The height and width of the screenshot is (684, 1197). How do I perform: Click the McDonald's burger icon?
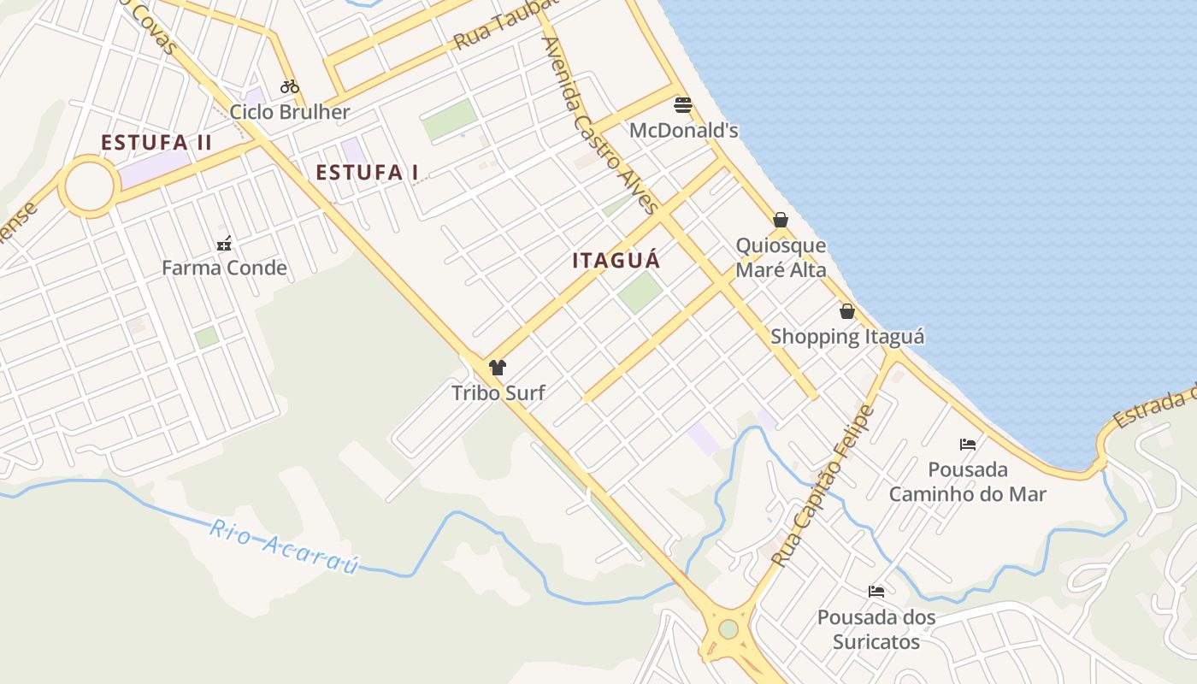pyautogui.click(x=683, y=105)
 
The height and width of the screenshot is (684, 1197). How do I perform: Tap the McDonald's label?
pyautogui.click(x=683, y=130)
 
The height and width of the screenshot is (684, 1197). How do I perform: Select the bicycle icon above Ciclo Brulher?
pyautogui.click(x=290, y=86)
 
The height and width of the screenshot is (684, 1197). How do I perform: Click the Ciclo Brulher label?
pyautogui.click(x=290, y=112)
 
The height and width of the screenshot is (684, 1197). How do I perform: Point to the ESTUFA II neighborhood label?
pyautogui.click(x=156, y=143)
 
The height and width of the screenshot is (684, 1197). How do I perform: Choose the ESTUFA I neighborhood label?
pyautogui.click(x=367, y=173)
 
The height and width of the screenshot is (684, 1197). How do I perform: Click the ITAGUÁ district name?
pyautogui.click(x=616, y=261)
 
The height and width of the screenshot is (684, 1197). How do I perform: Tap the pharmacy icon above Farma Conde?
pyautogui.click(x=224, y=244)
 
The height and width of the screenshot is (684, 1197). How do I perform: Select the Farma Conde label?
pyautogui.click(x=224, y=268)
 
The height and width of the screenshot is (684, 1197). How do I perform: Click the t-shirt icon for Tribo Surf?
pyautogui.click(x=498, y=369)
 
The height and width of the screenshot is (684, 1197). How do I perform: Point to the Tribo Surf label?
pyautogui.click(x=498, y=393)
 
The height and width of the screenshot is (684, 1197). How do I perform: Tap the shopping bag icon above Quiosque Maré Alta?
pyautogui.click(x=781, y=221)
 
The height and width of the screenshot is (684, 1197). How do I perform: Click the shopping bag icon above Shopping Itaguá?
pyautogui.click(x=847, y=311)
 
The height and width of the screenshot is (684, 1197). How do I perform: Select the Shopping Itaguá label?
pyautogui.click(x=847, y=336)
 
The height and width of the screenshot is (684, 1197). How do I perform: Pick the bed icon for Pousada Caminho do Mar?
pyautogui.click(x=968, y=444)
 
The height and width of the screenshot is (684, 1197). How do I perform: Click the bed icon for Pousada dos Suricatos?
pyautogui.click(x=876, y=591)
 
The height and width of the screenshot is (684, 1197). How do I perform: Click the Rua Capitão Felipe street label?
pyautogui.click(x=823, y=486)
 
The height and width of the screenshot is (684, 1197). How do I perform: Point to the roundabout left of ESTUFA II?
pyautogui.click(x=89, y=186)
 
